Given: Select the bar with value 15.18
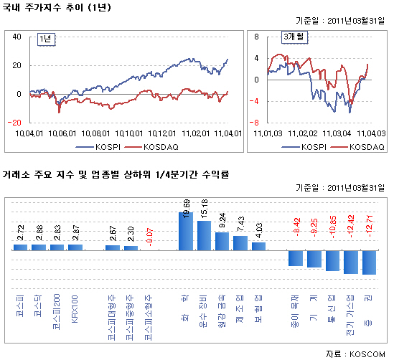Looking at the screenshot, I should (x=204, y=235).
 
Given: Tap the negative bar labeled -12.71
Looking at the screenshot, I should (x=369, y=262).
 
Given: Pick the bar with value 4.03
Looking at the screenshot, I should (x=259, y=246).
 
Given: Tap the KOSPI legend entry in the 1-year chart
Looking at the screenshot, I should (x=104, y=147).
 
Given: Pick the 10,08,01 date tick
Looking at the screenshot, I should (x=94, y=133).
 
